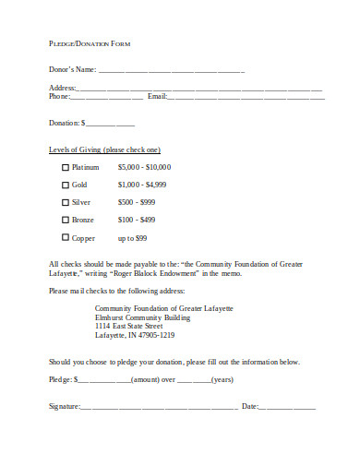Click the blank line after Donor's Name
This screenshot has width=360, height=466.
coord(172,70)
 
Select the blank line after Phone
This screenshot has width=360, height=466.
coord(107,97)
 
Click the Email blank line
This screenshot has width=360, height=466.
coord(246,97)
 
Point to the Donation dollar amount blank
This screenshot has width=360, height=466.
coord(111,124)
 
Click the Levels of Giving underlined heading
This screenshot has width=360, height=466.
coord(104,149)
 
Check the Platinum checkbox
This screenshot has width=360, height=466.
coord(65,168)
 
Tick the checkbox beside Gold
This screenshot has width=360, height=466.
coord(65,185)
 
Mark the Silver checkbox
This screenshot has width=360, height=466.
coord(65,203)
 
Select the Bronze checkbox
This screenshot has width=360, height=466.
coord(65,221)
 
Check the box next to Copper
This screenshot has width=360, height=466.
coord(65,238)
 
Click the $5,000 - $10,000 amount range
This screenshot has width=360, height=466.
coord(144,167)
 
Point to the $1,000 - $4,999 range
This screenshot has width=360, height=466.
coord(142,185)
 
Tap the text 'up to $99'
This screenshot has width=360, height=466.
coord(132,238)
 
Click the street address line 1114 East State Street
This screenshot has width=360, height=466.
coord(129,326)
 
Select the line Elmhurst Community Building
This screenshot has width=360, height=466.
coord(143,317)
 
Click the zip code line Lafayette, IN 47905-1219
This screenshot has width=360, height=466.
coord(135,335)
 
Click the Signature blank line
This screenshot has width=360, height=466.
coord(158,407)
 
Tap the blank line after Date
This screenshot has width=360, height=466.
coord(288,407)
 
